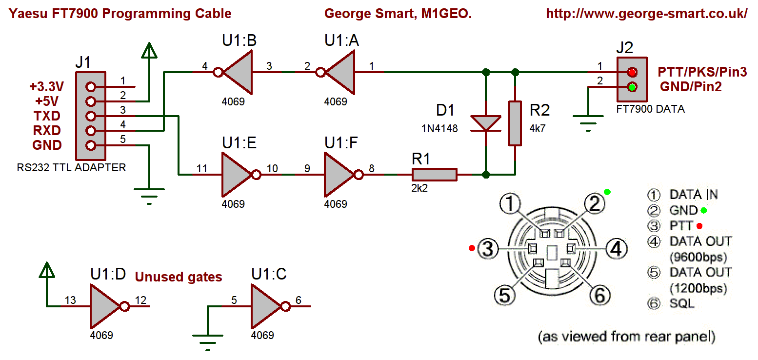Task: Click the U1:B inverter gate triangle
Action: click(x=237, y=73)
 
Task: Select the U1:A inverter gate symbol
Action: click(x=339, y=73)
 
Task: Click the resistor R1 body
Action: click(x=435, y=174)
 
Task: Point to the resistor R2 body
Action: click(x=515, y=123)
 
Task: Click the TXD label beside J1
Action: click(x=47, y=116)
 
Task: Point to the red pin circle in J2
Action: click(x=632, y=73)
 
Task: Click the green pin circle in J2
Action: click(x=632, y=88)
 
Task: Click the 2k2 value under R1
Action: click(x=419, y=188)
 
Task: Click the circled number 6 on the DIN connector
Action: click(x=600, y=294)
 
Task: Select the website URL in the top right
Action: click(x=647, y=14)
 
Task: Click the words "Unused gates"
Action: click(x=179, y=277)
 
